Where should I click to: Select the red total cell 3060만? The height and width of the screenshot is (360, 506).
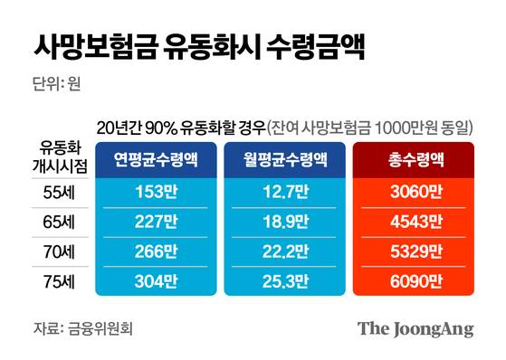(411, 193)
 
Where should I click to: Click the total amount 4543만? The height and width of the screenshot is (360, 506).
(411, 221)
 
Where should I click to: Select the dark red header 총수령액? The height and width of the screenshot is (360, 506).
(411, 160)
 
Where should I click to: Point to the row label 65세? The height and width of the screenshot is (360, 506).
(61, 221)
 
